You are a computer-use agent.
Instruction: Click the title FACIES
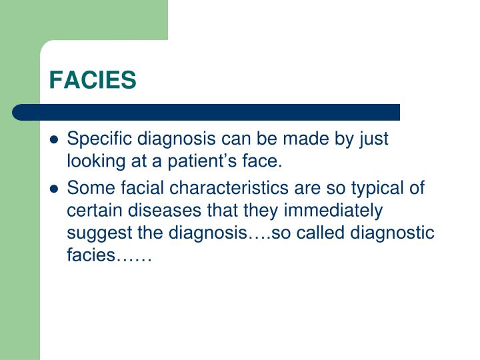tap(93, 79)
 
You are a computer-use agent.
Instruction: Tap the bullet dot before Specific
tap(55, 141)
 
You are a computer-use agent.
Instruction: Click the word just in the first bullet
tap(373, 139)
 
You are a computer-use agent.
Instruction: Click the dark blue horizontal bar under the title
tap(207, 111)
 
